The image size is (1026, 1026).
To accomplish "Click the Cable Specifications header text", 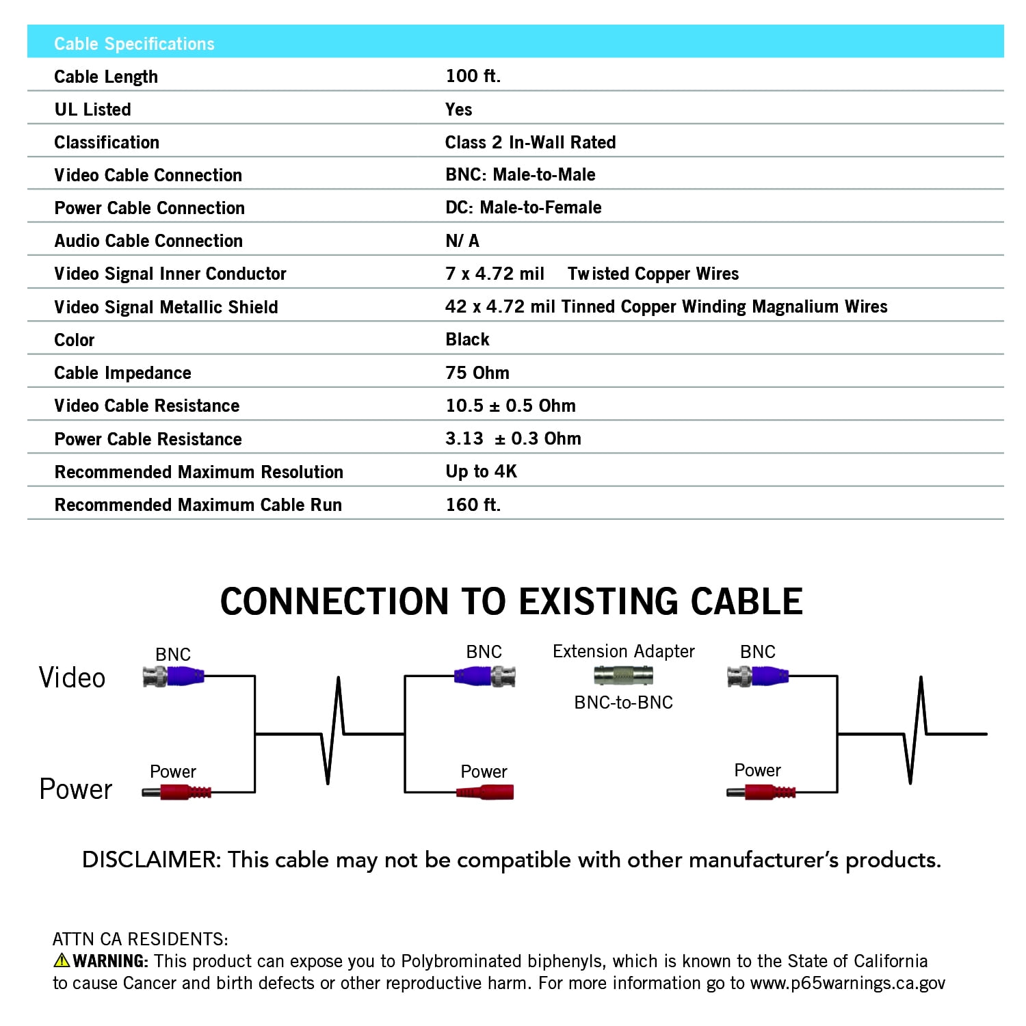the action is tap(134, 44).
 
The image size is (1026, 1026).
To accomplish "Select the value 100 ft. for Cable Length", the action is tap(473, 76).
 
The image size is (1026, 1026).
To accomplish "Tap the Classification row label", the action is tap(107, 142).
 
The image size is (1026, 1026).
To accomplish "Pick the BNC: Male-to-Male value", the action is tap(520, 174).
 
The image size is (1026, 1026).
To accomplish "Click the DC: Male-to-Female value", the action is tap(523, 207).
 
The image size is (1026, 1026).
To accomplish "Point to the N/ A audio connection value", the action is tap(462, 241).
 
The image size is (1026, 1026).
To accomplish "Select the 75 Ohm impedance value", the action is tap(477, 373).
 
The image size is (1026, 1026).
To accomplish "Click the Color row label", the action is tap(75, 340).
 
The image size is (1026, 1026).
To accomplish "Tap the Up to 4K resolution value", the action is tap(481, 471).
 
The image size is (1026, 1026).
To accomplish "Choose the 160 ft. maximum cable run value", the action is tap(473, 505).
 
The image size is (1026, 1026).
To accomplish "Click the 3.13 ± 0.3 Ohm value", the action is tap(513, 438).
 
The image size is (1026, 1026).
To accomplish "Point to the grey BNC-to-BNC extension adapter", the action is tap(623, 675).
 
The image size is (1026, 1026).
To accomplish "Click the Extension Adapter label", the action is tap(623, 651).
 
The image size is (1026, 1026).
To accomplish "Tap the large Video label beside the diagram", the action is tap(72, 678).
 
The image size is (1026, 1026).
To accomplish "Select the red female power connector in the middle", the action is tap(485, 792).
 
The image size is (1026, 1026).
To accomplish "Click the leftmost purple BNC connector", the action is tap(174, 677).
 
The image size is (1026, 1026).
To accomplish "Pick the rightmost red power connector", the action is tap(761, 793).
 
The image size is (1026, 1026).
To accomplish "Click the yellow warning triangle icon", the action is tap(62, 960).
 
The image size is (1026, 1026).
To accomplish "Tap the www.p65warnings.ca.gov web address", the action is tap(847, 984).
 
